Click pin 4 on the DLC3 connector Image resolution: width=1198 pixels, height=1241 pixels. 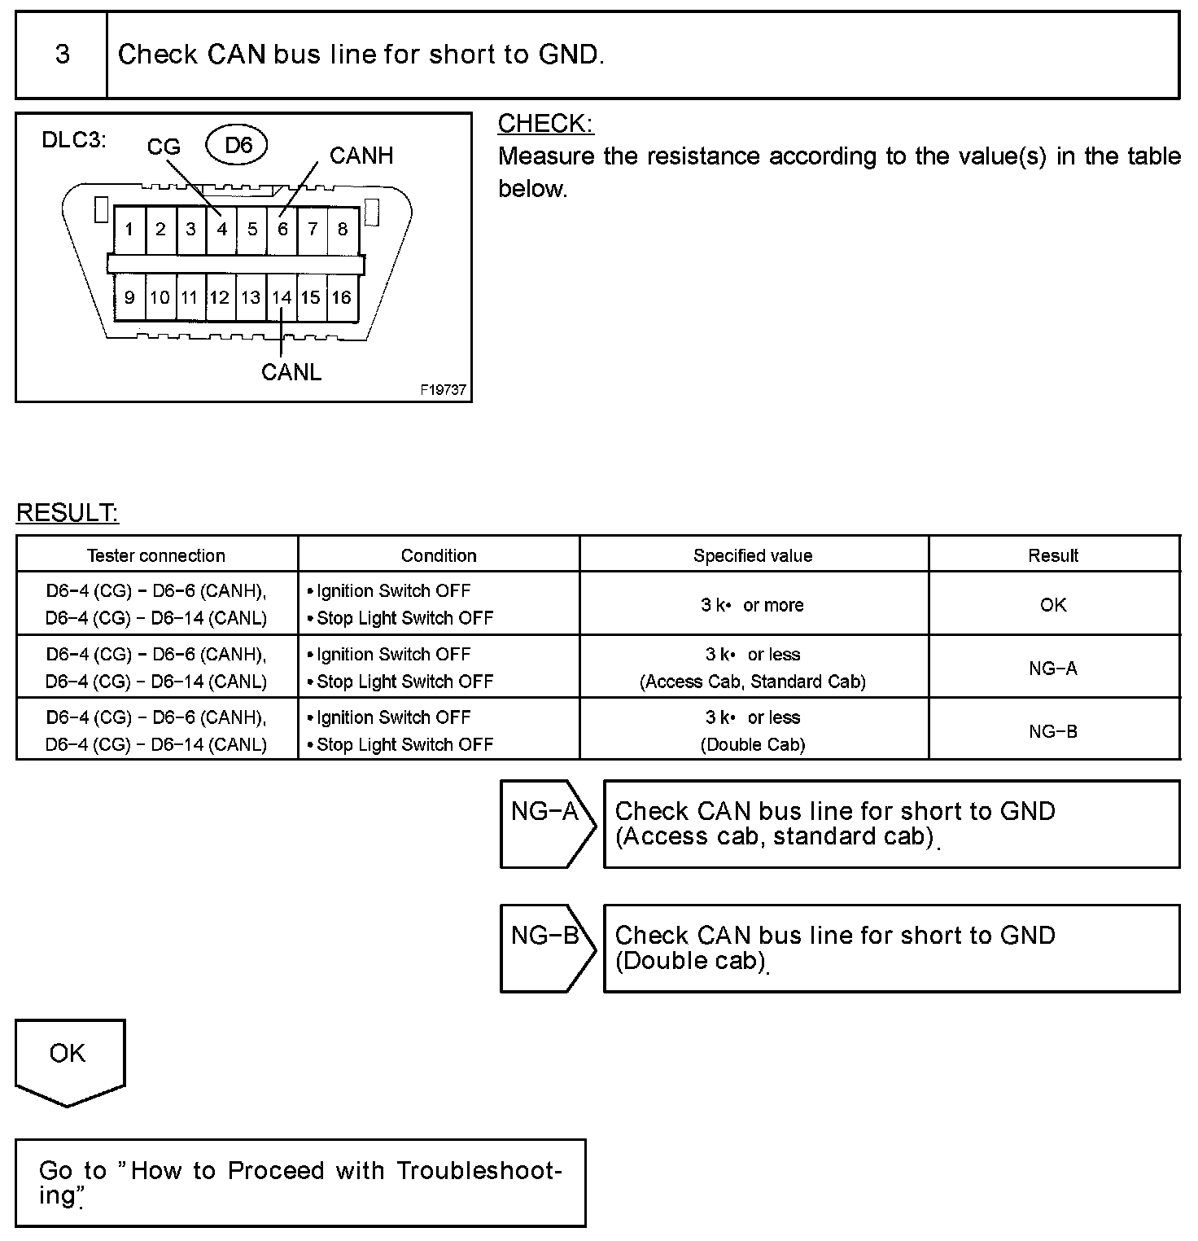[221, 230]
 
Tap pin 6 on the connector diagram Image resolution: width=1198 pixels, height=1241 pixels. [282, 230]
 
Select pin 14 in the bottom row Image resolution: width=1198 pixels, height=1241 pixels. [282, 298]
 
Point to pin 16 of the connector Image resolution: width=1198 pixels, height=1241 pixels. [342, 298]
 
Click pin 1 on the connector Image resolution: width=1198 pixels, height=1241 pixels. [129, 230]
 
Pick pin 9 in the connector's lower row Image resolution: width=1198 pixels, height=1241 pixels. [129, 298]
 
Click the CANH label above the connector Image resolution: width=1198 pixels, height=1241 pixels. [361, 156]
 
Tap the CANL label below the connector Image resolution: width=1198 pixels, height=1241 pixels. [291, 372]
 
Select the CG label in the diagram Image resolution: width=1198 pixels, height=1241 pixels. [164, 147]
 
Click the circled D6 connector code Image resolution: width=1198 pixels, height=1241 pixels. [238, 146]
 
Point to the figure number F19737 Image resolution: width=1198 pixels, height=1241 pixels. [444, 390]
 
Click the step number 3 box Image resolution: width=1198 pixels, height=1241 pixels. [62, 55]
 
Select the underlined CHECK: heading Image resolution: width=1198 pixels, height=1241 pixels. [545, 124]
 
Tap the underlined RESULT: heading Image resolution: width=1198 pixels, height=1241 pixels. [68, 513]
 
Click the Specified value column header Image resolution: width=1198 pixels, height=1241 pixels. [753, 555]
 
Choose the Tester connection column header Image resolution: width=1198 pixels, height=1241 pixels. [156, 555]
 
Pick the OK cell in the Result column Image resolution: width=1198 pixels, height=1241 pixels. [1053, 605]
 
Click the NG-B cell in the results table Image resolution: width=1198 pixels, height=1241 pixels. [1053, 731]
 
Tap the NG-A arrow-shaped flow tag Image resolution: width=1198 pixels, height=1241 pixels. [546, 822]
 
